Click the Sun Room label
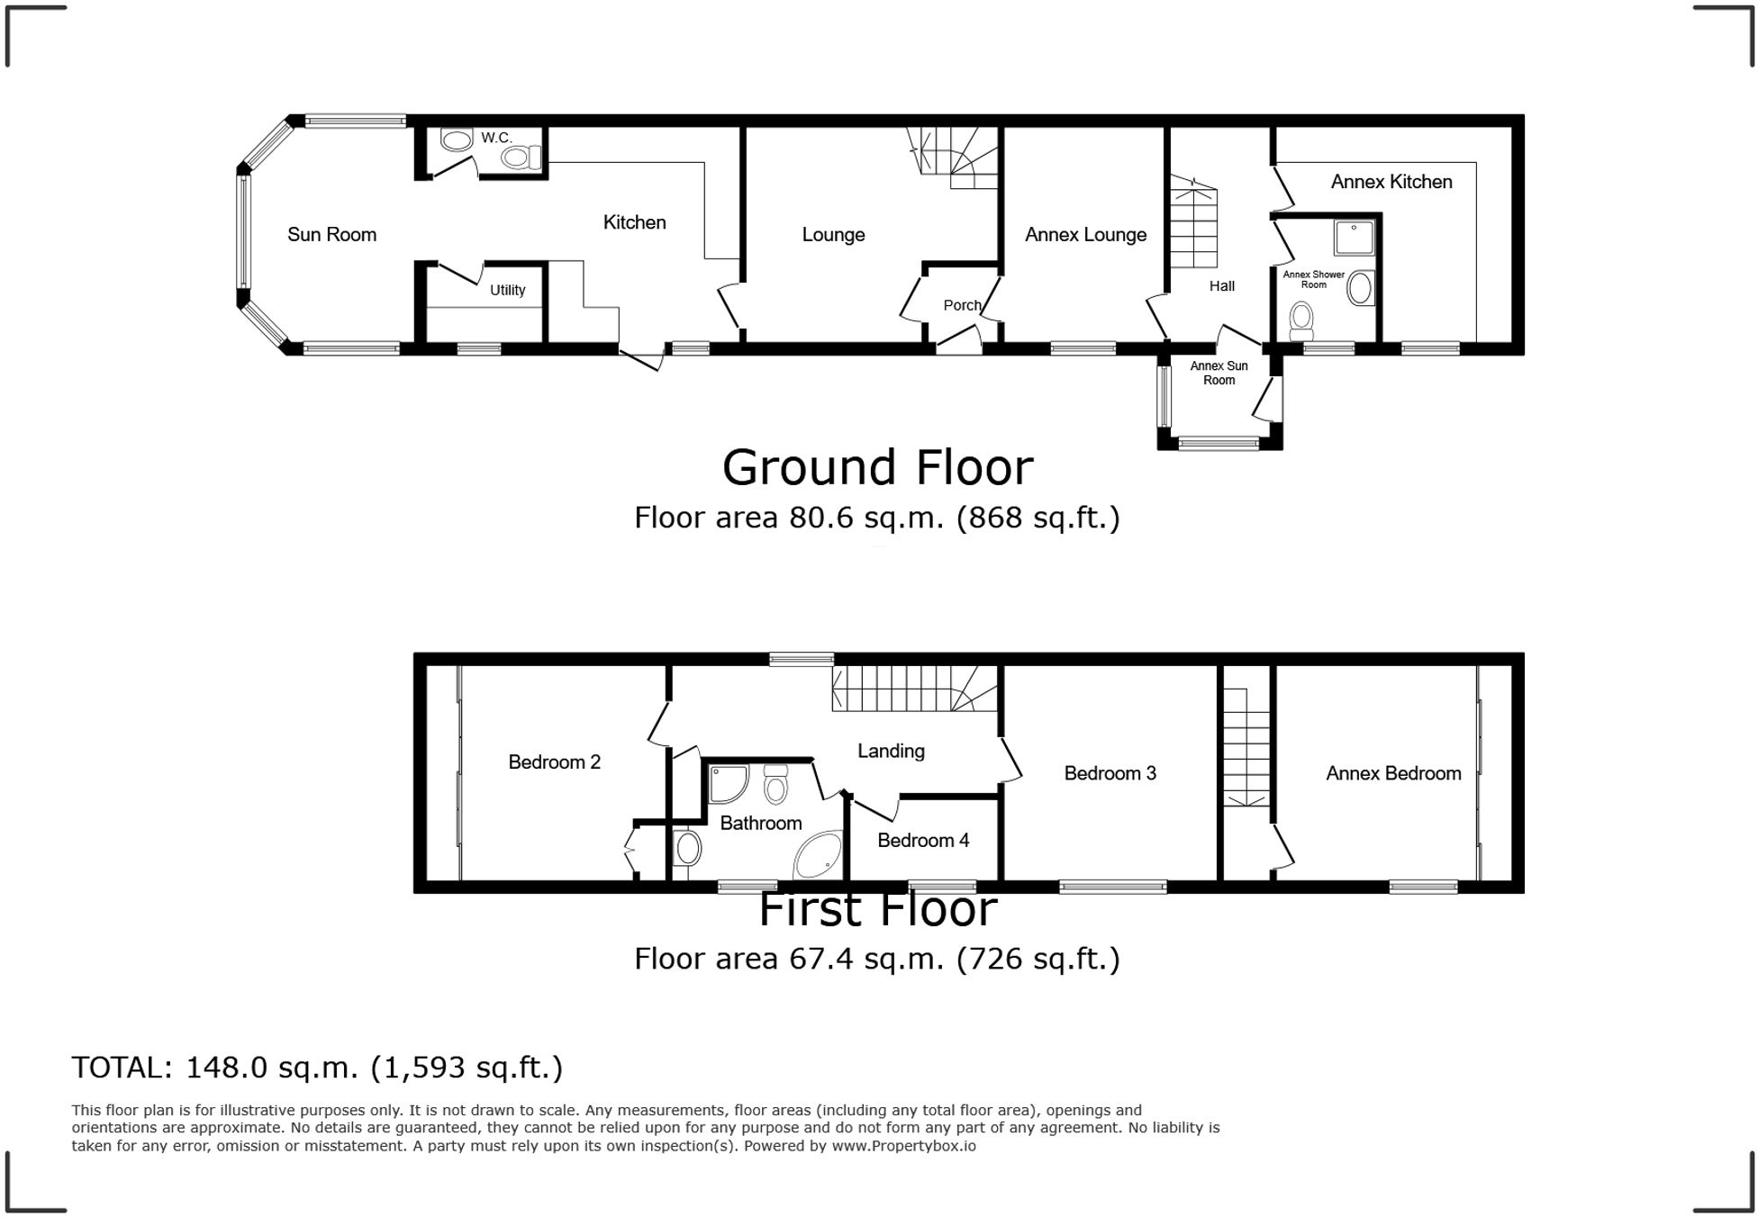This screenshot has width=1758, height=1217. click(331, 235)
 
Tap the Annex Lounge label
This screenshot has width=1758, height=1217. click(1085, 235)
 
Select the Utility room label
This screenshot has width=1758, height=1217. click(507, 290)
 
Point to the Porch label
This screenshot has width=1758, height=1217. click(962, 305)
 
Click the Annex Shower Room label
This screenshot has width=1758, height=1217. click(1313, 280)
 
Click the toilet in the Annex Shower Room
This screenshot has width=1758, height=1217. click(1301, 320)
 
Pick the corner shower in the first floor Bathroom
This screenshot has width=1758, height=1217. click(726, 783)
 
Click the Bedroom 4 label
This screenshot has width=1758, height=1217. click(923, 841)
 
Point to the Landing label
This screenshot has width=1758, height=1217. click(891, 751)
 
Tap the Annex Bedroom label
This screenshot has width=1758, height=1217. click(1392, 773)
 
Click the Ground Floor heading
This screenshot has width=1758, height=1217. click(877, 468)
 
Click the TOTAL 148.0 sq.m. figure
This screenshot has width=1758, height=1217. click(273, 1068)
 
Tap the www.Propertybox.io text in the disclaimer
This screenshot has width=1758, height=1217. click(903, 1146)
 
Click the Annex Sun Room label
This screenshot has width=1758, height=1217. click(1219, 373)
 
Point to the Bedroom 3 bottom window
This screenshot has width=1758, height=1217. click(1113, 887)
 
